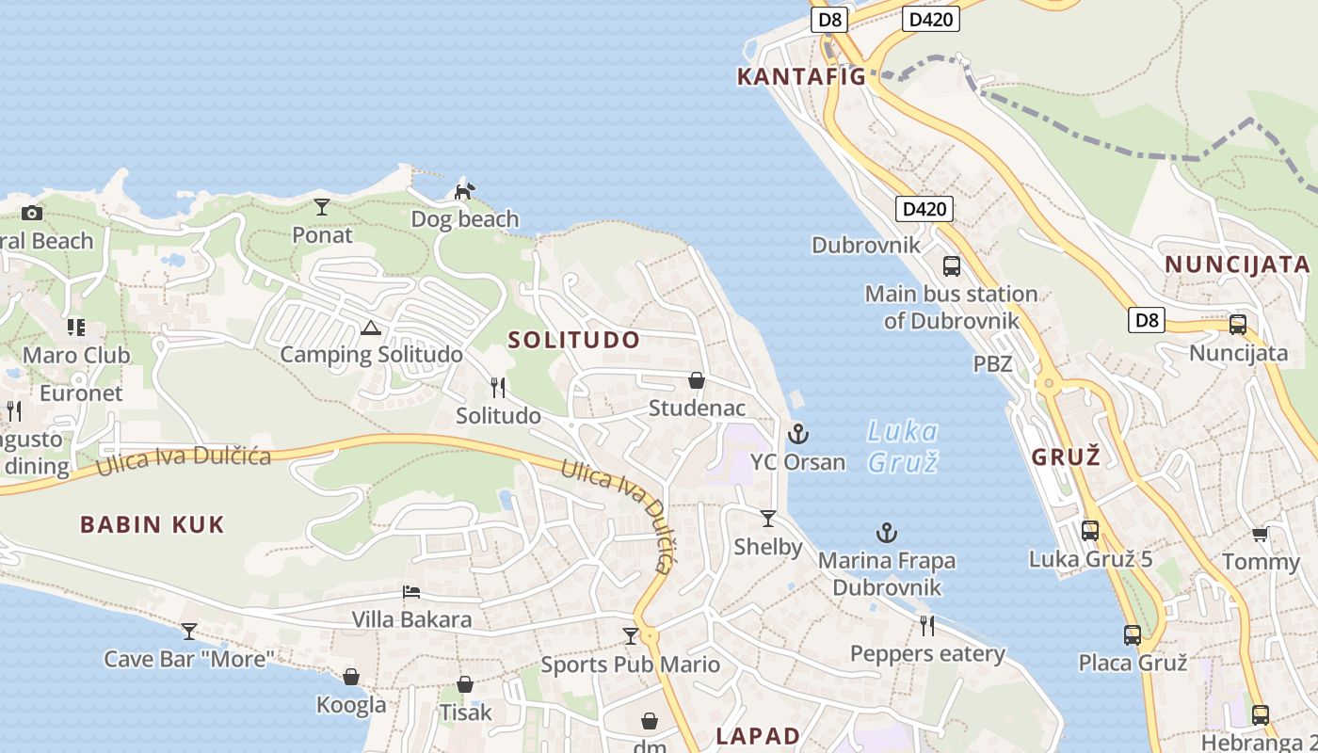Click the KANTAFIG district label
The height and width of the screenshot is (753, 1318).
pos(801,76)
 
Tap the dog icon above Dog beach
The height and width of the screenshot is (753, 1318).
pos(464,192)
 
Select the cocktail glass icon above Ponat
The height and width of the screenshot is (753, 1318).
pos(322,206)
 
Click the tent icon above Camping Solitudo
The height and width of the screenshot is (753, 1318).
pos(371,328)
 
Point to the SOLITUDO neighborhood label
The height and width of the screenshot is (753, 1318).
pos(574,340)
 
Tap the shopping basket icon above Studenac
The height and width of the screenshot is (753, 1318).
pos(697,380)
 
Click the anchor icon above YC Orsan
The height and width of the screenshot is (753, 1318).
pos(798,434)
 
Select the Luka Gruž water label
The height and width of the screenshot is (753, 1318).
pos(902,446)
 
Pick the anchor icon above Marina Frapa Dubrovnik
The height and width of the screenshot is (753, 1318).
pos(887,534)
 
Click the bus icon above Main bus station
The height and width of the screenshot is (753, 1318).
pos(952,265)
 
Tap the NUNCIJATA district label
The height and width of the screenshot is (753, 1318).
pos(1237,264)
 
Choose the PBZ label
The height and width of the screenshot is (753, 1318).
pos(993,363)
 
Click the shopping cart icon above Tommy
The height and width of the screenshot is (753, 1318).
pos(1260,535)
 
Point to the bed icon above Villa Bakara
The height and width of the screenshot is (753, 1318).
pos(411,592)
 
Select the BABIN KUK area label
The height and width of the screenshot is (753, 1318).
pos(153,524)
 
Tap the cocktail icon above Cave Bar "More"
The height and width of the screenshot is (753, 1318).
pos(189,631)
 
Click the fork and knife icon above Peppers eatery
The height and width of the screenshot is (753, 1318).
pos(927,625)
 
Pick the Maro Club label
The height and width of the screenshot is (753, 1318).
pos(76,355)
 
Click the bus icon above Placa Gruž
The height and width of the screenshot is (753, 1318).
pos(1133,635)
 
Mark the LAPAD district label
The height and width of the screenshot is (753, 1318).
pos(758,735)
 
